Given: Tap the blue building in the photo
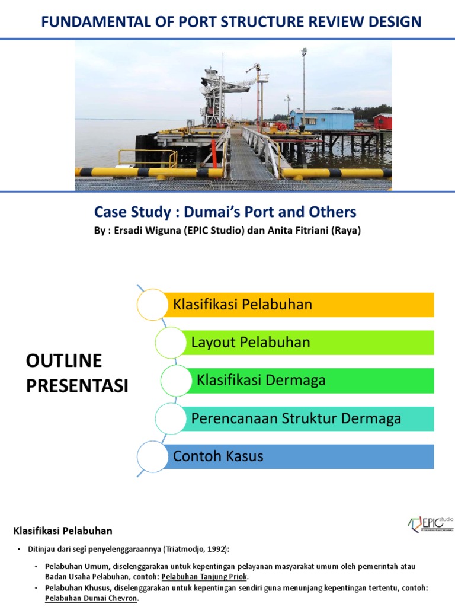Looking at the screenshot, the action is coord(322,119).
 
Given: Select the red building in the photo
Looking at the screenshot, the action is coord(383,121).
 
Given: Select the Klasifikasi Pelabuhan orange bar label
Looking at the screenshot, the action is coord(242,305).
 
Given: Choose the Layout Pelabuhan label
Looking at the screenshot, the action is coord(251,343).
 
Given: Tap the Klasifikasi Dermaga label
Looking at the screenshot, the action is coord(261,380).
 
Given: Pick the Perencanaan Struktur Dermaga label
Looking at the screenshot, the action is coord(296,418).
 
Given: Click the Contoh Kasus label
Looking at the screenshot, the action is coord(218,456).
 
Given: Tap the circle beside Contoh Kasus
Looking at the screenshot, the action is coord(152,456).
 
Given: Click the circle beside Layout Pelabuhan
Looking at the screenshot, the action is coord(171,343).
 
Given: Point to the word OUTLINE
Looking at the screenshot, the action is coord(64,361).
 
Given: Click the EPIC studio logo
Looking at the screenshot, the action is coord(431,523).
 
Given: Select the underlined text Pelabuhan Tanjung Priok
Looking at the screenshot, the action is coord(204,577).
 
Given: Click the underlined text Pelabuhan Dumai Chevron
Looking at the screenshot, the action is coord(91,599).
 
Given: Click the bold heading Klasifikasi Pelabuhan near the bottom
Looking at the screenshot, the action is coord(63,531).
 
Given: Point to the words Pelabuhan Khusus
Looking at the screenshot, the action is coord(77,588).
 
